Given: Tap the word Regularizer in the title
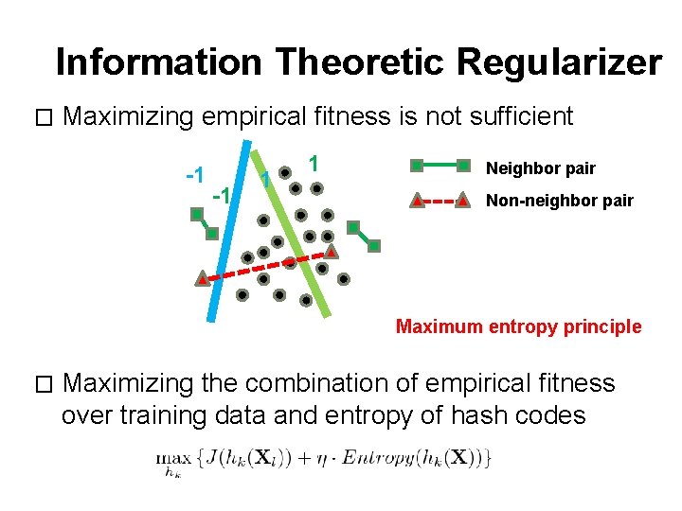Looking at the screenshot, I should point(559,62).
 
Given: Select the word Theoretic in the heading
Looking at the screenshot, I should point(359,62).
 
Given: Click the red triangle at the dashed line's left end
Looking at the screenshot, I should point(203,279).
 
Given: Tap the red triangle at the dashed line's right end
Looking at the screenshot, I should point(331,252).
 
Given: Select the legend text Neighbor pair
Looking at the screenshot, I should point(540,168).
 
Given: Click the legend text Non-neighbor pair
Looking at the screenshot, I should point(559,201).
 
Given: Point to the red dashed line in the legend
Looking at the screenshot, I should point(439,201).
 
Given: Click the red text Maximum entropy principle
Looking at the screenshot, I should point(518,326).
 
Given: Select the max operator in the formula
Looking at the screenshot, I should point(170,457).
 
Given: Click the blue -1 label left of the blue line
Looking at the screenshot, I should point(196,176).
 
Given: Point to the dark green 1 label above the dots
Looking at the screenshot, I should point(314,163).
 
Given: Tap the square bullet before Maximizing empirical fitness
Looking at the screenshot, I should point(40,118).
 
